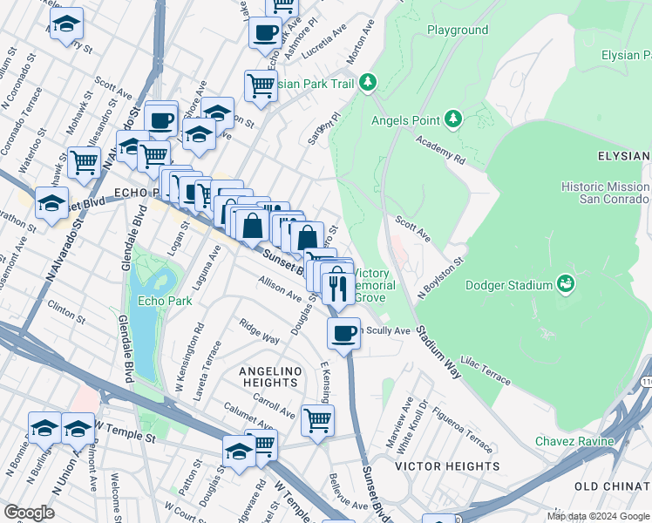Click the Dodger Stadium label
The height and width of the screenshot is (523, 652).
(509, 285)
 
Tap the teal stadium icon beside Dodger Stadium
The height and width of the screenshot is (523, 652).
(567, 283)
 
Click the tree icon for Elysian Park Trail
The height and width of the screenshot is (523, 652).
(369, 83)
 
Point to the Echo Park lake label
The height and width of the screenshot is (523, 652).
(159, 302)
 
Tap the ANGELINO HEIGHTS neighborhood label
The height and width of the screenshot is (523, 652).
(269, 377)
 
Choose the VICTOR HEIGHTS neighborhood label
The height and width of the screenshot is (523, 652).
(447, 466)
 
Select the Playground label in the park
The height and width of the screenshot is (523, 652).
(458, 30)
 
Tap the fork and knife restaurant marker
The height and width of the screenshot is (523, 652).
(338, 287)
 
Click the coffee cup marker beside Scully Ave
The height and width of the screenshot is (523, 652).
(344, 333)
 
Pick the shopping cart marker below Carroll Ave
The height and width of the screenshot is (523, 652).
(317, 420)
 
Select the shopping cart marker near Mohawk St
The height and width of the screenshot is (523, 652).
(84, 162)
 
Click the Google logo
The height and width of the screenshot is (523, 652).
(30, 513)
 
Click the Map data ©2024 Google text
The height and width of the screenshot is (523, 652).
(597, 516)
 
